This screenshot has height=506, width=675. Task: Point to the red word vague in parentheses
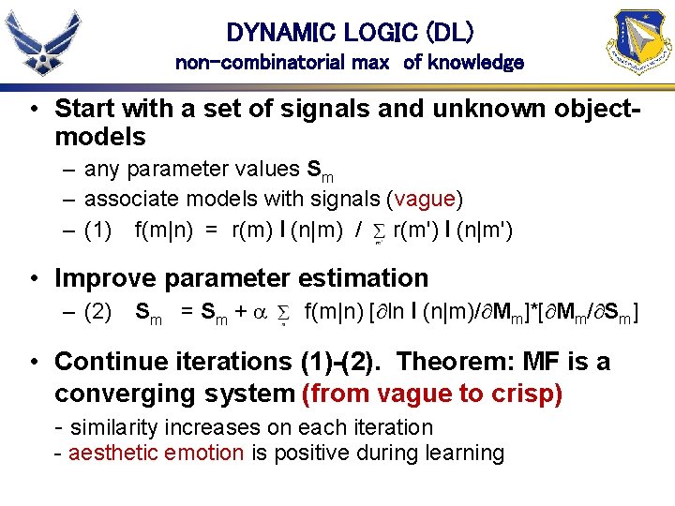(426, 198)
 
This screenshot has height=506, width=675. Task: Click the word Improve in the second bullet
(102, 278)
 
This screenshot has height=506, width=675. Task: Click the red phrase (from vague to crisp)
(432, 394)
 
